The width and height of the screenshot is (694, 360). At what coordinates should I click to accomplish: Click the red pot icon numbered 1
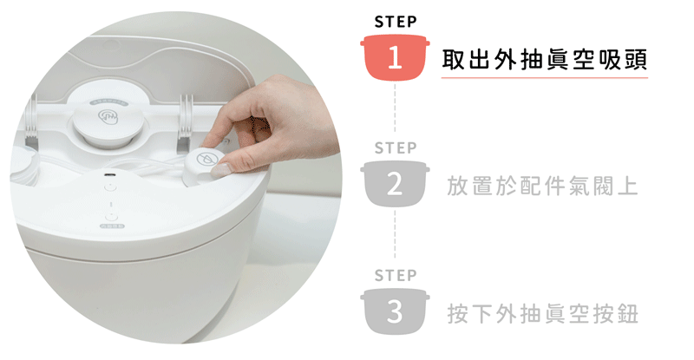coord(395,57)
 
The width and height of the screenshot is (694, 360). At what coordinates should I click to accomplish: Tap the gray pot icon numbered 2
coord(395,184)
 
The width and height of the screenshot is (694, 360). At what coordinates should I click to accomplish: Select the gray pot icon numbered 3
coord(395,311)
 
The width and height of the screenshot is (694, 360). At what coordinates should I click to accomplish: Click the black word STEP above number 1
coord(396,22)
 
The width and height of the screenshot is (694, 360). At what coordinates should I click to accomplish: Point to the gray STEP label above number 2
coord(396,147)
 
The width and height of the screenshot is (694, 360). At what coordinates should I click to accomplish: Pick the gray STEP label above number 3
coord(396,276)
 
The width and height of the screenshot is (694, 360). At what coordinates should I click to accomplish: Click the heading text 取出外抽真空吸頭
coord(545,59)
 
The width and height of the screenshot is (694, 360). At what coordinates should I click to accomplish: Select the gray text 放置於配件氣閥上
coord(542,186)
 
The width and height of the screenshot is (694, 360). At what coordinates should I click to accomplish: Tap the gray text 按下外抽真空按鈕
coord(543,313)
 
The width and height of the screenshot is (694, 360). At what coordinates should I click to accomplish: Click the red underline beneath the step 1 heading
coord(545,78)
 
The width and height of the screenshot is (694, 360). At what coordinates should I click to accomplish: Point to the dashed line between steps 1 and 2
coord(395,108)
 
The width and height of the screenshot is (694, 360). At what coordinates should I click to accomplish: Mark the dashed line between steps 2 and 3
coord(395,235)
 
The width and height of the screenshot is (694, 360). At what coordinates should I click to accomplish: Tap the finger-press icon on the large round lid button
coord(108,117)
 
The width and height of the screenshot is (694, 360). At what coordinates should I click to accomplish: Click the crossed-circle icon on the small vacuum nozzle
coord(205,159)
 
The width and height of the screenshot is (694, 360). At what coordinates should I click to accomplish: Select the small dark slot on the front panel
coord(109,174)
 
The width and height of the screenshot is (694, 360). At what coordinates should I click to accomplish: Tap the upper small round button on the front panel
coord(110,187)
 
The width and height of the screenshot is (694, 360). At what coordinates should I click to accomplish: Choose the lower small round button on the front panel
coord(112,217)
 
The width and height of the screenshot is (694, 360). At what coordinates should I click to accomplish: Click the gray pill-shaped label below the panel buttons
coord(113,226)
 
